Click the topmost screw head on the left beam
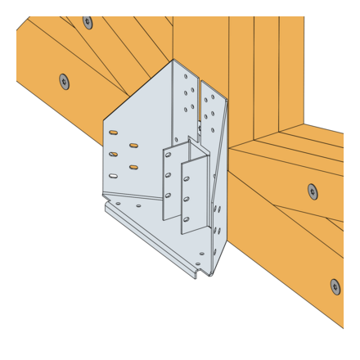(x=88, y=22)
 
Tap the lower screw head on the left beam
(x=65, y=81)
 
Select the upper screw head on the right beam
(x=312, y=191)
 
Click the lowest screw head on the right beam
(x=335, y=286)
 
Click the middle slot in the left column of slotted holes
(x=113, y=154)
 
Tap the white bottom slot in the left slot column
(x=113, y=174)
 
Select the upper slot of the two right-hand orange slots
(x=133, y=146)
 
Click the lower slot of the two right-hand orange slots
(x=133, y=167)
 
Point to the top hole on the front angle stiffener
(x=187, y=178)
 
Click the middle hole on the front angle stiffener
(x=187, y=199)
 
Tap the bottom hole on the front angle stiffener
(x=187, y=218)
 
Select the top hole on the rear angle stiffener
(x=168, y=155)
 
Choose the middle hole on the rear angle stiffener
(x=168, y=175)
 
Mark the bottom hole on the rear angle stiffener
(x=168, y=196)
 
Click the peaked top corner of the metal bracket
(x=173, y=60)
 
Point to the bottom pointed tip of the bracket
(x=209, y=275)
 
